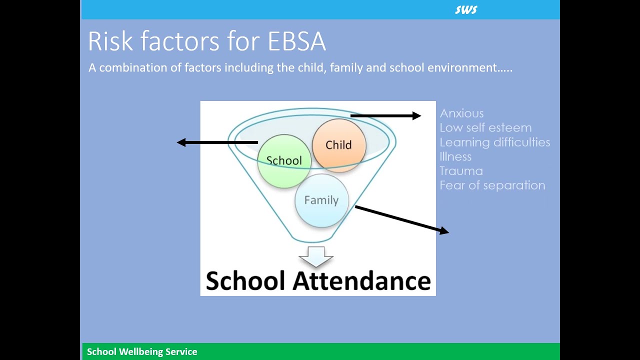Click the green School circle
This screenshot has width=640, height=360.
point(284,161)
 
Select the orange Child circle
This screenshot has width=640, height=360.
point(339,145)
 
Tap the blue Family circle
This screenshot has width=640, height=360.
point(321,200)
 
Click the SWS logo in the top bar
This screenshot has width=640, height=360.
point(466,10)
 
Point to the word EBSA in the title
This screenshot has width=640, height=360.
point(297,41)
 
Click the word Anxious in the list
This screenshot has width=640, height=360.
point(461,113)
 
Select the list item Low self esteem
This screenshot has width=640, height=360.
point(485,128)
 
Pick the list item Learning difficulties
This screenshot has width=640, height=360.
point(494,142)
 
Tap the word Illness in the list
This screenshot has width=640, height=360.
point(455,156)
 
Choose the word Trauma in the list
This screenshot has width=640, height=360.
point(461,171)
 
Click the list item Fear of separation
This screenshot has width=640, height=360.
point(492,185)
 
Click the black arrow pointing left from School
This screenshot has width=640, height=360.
point(217,142)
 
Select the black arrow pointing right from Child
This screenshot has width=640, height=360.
point(385,116)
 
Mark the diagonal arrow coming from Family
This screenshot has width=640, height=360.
point(402,219)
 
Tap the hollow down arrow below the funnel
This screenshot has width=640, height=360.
point(316,256)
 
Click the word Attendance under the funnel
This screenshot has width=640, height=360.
point(361,281)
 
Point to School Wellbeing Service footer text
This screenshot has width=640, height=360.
point(142,352)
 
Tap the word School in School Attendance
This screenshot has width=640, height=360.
point(245,281)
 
